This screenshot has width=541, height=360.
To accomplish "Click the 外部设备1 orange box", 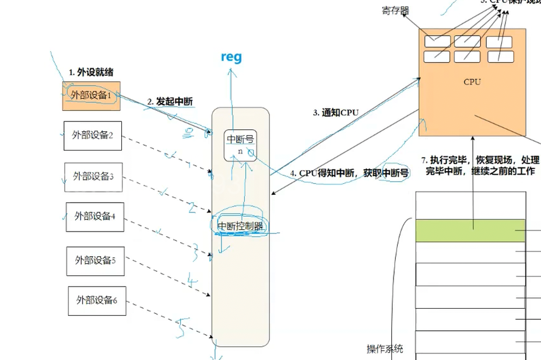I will (x=91, y=96).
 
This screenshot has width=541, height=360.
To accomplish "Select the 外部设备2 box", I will (x=93, y=135).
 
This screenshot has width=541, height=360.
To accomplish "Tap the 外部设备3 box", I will (x=93, y=176).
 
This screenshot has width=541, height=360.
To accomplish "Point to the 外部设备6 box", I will (x=97, y=301).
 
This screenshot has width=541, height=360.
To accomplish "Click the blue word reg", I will (x=231, y=57).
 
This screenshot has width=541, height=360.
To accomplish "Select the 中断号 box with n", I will (x=240, y=144).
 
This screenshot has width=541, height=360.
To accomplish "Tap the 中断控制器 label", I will (x=240, y=226).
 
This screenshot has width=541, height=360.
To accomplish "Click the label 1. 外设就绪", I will (x=91, y=72).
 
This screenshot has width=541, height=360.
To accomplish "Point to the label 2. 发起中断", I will (x=170, y=102).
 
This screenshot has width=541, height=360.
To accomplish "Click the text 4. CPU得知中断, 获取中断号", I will (x=349, y=173).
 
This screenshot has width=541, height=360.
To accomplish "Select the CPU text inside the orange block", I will (x=472, y=82).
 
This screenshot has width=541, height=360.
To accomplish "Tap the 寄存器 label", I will (x=395, y=11).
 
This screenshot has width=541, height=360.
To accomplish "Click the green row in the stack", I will (x=470, y=230).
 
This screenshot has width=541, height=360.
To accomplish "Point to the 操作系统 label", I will (x=385, y=349).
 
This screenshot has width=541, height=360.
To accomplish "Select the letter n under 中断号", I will (x=240, y=151).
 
